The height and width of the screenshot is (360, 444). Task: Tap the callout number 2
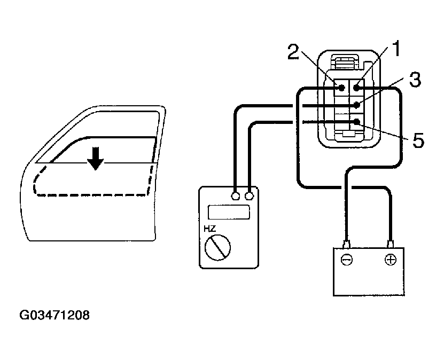(x=293, y=52)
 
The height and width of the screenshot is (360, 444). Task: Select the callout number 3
(x=415, y=81)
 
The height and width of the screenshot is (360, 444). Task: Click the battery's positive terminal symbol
(x=391, y=260)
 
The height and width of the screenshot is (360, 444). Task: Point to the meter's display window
(x=229, y=212)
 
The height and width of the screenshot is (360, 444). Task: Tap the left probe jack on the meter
(x=235, y=196)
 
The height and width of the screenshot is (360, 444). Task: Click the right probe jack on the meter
(x=249, y=196)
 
